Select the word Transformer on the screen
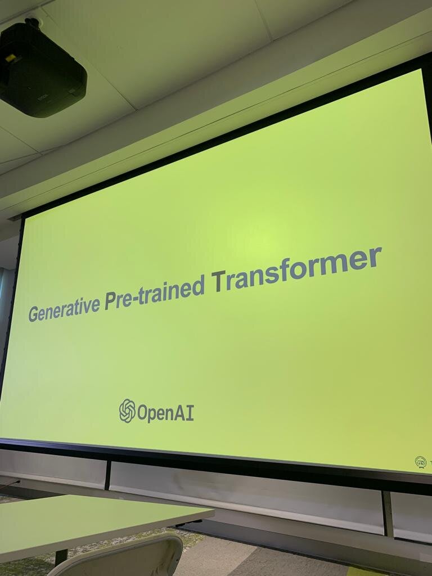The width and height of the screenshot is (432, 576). click(x=296, y=268)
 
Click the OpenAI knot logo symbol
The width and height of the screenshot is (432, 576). click(x=127, y=411)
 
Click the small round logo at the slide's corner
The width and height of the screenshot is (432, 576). click(x=421, y=462)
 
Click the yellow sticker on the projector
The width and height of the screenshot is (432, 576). click(x=10, y=58)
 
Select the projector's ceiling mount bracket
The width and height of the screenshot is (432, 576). click(x=32, y=22)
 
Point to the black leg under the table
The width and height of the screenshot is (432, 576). click(x=61, y=557)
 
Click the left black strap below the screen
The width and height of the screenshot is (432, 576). click(x=107, y=475)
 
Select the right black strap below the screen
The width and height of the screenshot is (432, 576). click(x=388, y=514)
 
